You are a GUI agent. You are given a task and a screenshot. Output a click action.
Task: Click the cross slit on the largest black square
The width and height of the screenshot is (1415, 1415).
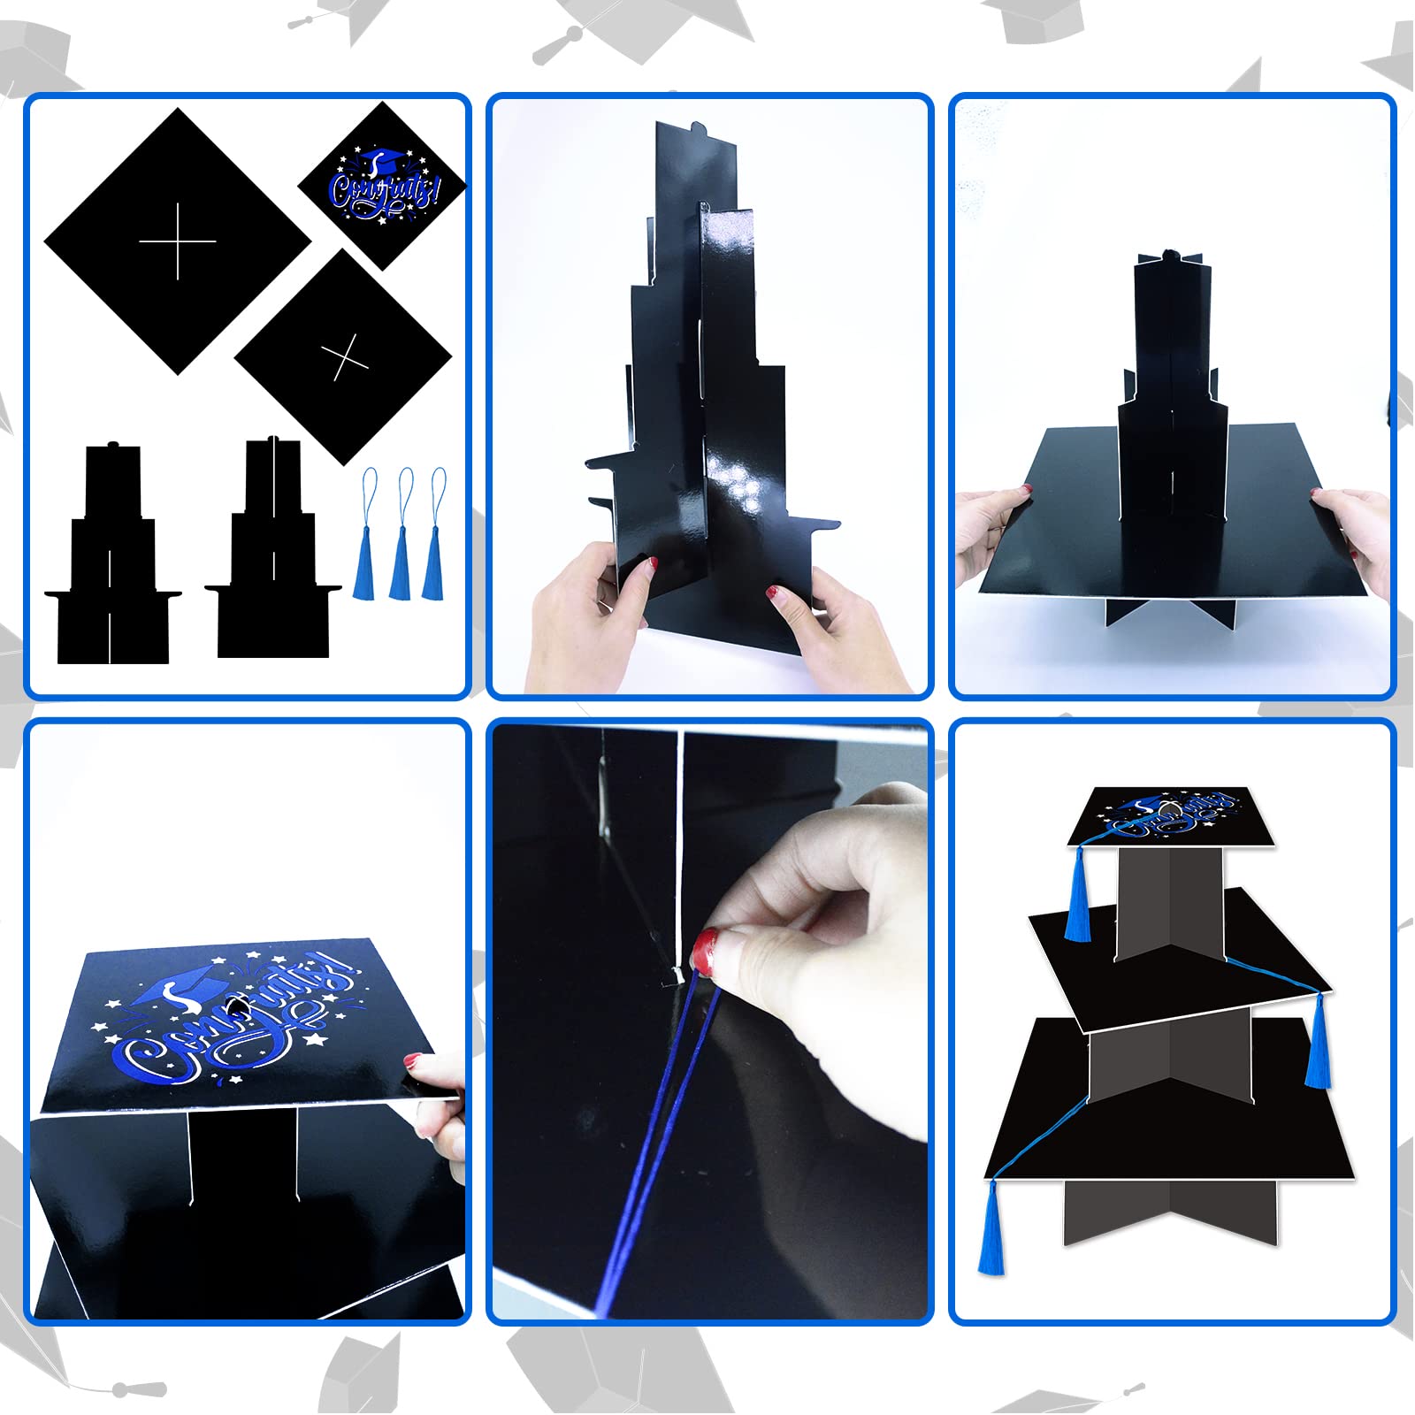[x=178, y=241]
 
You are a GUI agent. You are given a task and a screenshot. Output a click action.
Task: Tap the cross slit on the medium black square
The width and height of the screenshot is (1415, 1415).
[x=344, y=357]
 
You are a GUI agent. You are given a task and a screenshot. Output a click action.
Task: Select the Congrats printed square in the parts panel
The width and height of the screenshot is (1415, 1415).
[x=382, y=185]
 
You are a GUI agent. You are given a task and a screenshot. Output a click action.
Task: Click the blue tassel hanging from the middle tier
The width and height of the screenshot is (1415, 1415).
[x=1319, y=1044]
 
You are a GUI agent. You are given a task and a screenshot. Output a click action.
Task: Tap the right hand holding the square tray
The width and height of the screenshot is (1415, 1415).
[x=1353, y=531]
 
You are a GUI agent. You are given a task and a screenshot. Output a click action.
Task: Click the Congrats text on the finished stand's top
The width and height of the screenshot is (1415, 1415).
[x=1176, y=814]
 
